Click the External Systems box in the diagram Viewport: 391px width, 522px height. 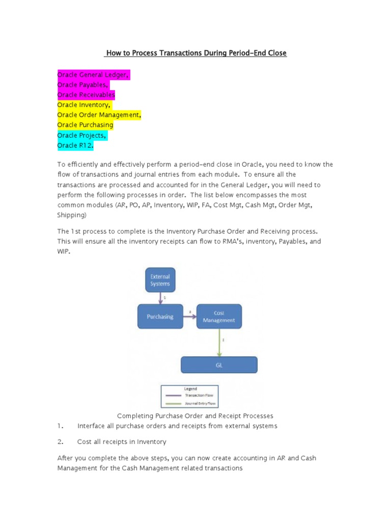160,280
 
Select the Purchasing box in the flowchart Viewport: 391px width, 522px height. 160,317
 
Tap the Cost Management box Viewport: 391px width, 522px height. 219,317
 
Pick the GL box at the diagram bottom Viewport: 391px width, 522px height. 219,364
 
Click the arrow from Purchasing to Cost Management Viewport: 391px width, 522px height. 189,317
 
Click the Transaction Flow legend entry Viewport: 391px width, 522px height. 192,395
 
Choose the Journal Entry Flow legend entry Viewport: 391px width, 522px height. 192,403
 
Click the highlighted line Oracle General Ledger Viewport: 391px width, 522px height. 94,75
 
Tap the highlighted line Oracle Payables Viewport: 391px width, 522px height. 83,85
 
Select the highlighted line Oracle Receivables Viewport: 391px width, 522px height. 86,95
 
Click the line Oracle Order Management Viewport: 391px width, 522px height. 99,115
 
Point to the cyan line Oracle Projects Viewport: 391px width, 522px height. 82,135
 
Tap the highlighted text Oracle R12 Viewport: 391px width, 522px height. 75,145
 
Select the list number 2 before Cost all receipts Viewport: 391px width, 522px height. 60,441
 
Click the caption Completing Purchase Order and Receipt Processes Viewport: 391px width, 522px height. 195,416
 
